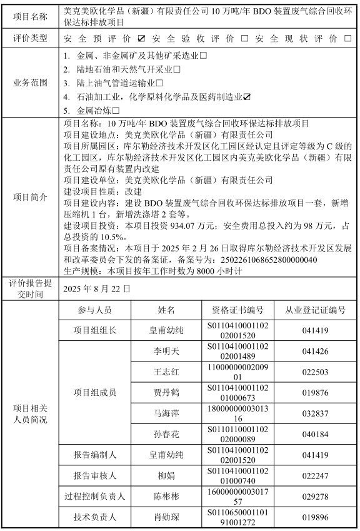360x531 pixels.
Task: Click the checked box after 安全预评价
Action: coord(141,39)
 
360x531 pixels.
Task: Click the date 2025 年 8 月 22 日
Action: coord(97,290)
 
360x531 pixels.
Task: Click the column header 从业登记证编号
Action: coord(315,310)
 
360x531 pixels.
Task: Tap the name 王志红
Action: coord(167,372)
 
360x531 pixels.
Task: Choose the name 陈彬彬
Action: coord(167,497)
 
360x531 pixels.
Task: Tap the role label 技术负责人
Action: coord(95,517)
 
